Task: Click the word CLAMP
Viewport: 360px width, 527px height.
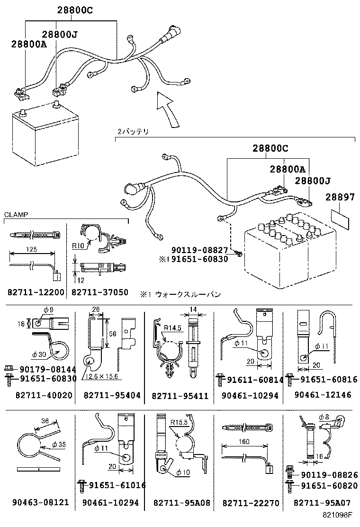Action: point(16,214)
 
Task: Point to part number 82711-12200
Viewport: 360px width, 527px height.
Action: point(36,292)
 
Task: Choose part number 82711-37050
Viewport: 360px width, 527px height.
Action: point(99,292)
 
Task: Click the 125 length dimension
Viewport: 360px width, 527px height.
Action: point(31,250)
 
